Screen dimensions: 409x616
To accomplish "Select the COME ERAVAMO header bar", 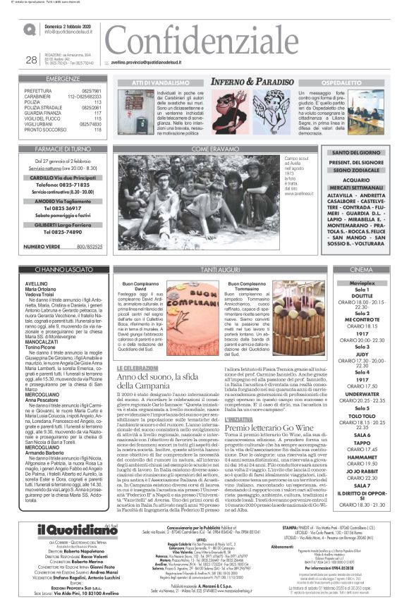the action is [211, 149].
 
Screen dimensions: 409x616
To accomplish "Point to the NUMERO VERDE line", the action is [63, 247].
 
